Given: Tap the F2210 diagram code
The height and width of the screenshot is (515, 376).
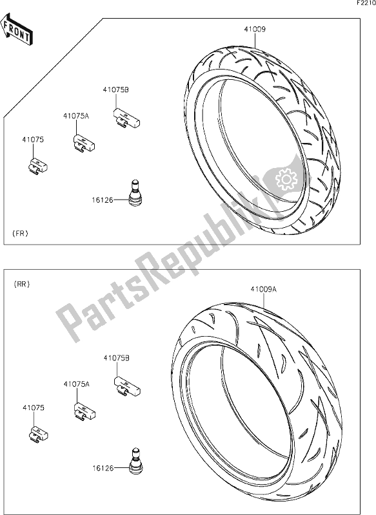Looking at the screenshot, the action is [x=366, y=3].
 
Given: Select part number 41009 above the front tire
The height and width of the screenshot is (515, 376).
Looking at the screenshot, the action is [x=255, y=29].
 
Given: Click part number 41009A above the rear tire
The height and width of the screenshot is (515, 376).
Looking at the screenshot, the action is [x=264, y=289].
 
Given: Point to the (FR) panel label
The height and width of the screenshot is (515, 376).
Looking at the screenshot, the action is [x=21, y=234].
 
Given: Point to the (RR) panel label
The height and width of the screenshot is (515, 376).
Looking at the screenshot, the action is [x=22, y=285].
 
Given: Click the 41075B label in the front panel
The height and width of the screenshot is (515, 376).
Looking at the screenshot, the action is [x=115, y=89].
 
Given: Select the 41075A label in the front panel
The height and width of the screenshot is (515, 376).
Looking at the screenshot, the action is [x=76, y=116].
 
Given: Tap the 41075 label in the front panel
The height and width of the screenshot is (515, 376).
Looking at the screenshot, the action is [x=33, y=140].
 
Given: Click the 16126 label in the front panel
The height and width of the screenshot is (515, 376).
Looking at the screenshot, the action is [x=103, y=200].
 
